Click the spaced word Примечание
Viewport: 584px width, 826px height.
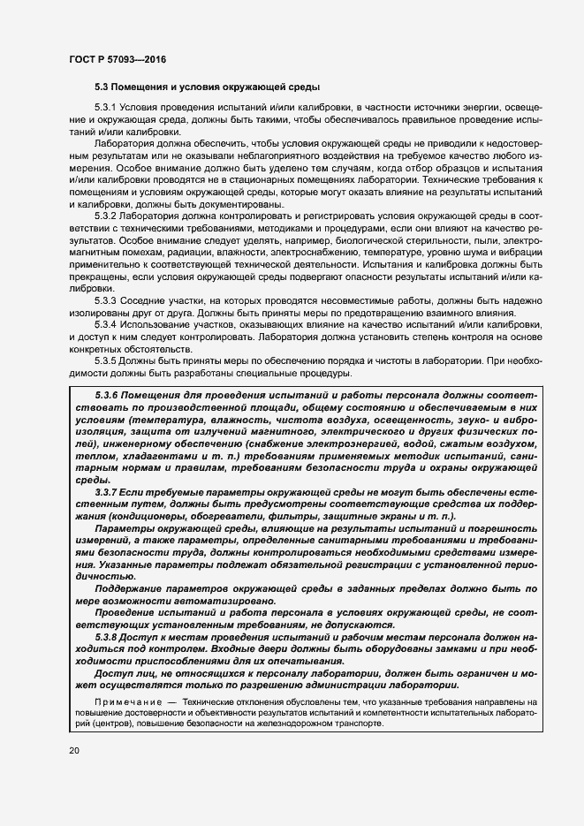click(110, 701)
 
